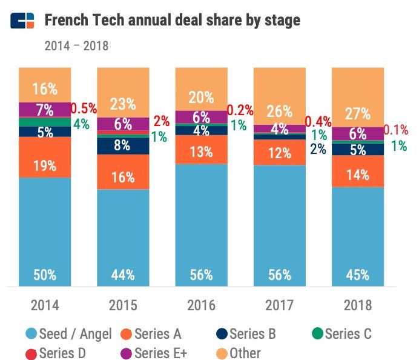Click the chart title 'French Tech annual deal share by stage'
pos(173,21)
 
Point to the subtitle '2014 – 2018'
pos(76,45)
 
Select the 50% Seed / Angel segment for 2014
pos(45,231)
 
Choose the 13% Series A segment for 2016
pos(201,150)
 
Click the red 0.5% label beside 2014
pos(84,109)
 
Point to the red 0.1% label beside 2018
pos(396,130)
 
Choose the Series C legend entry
pos(341,333)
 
